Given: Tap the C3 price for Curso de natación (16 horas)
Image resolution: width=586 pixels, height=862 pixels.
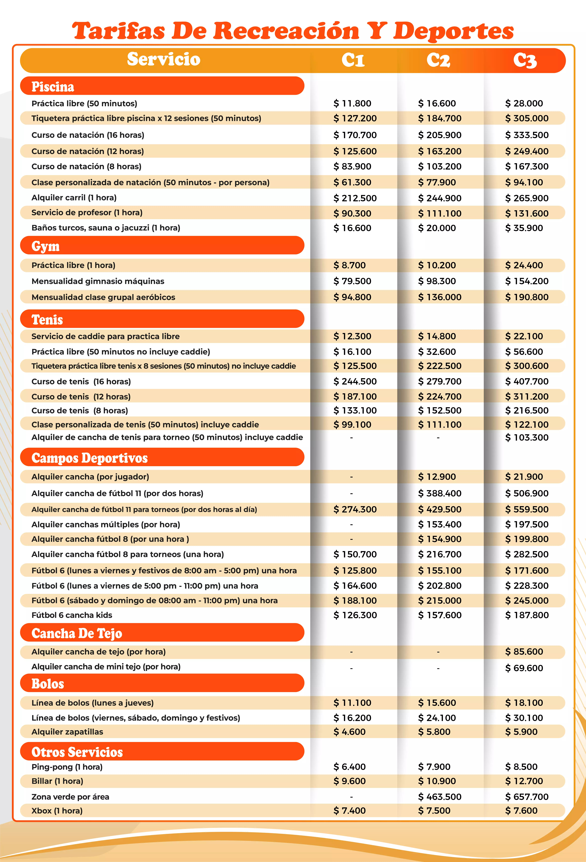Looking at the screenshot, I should coord(527,135).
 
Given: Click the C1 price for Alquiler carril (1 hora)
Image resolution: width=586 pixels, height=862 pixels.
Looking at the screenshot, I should coord(355,198).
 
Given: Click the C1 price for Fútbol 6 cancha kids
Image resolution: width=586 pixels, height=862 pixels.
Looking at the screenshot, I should coord(355,615).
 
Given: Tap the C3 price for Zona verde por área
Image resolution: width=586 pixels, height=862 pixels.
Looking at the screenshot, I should coord(527,797).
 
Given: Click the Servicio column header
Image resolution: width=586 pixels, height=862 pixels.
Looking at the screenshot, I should coord(164,59).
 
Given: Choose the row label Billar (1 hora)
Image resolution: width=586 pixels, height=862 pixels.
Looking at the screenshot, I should coord(57,781).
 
